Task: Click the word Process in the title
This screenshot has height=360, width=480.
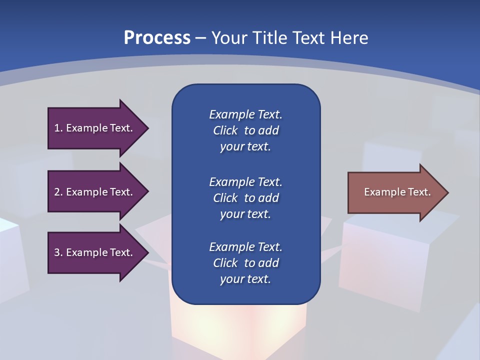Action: coord(157,38)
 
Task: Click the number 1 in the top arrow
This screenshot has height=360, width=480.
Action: coord(57,128)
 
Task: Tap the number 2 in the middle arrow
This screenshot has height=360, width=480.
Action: coord(57,192)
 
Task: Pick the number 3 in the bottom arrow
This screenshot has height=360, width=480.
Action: coord(57,252)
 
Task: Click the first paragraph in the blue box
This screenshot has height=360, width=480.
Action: coord(245,130)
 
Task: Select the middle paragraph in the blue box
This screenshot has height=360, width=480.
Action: coord(245,197)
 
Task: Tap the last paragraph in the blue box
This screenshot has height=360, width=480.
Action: coord(245,263)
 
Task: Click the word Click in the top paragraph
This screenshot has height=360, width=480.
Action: coord(225,130)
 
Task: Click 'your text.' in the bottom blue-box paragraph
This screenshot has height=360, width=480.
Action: coord(245,279)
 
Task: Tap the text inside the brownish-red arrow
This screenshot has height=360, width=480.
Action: coord(397,192)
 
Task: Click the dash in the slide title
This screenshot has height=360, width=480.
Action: coord(200,38)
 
